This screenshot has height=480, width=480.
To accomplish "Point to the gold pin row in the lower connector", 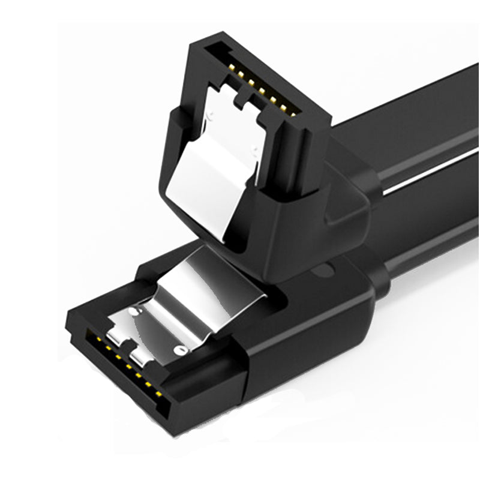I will click(123, 363).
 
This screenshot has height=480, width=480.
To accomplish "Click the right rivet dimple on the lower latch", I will click(178, 349).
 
